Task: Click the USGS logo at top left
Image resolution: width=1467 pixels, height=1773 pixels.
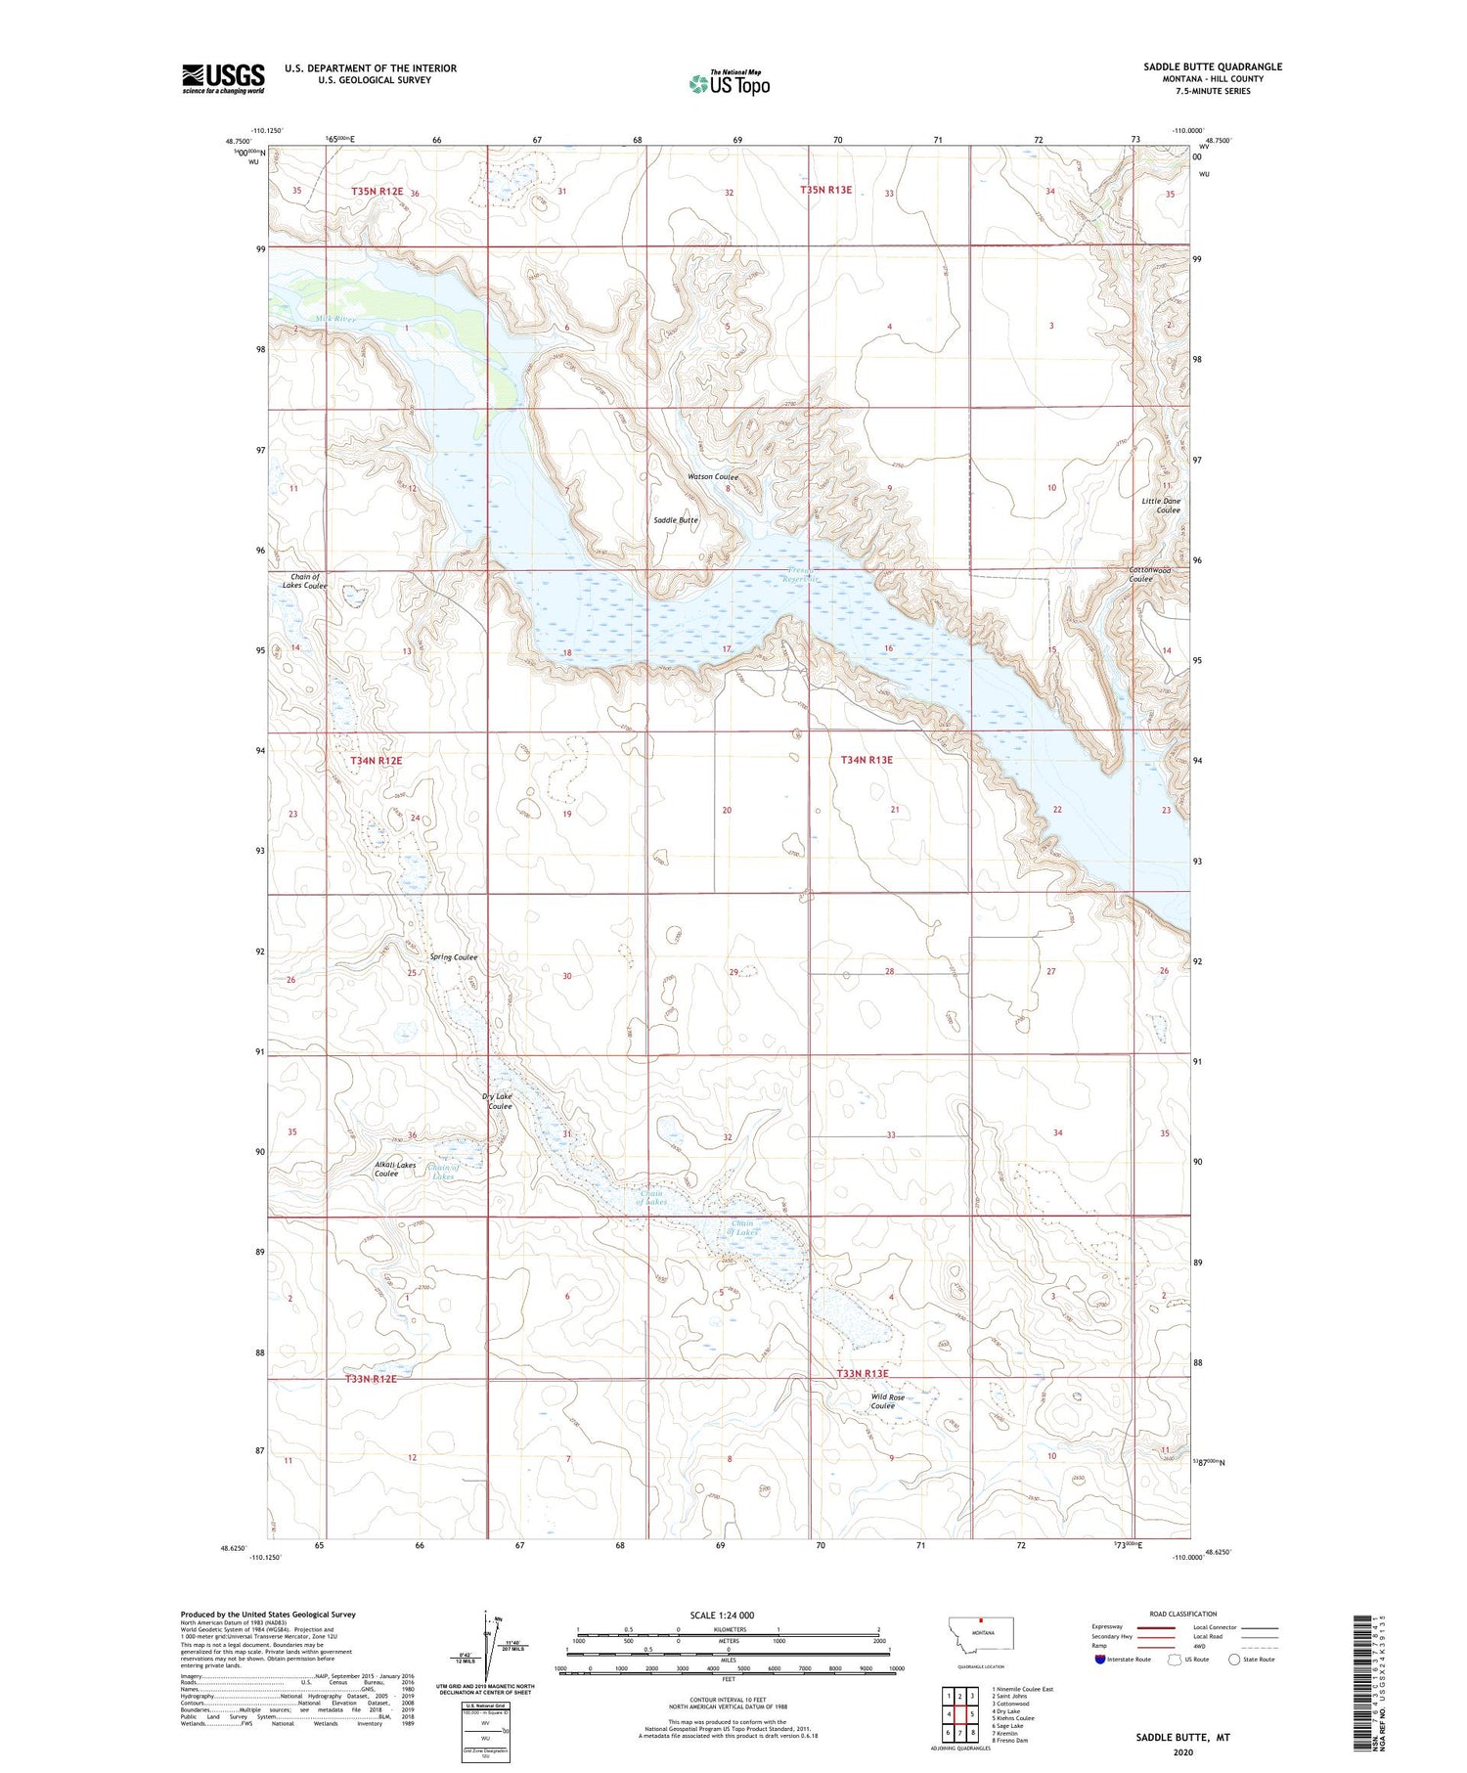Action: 223,78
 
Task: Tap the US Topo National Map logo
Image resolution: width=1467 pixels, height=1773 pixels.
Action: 729,84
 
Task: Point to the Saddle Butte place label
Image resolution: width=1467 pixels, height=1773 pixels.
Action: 675,520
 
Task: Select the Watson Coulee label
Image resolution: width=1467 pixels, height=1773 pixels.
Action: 712,477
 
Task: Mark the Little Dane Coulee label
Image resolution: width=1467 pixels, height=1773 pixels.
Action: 1161,506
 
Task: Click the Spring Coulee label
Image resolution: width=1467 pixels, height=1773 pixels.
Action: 454,957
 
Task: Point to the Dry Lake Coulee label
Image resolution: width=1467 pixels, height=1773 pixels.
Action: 497,1101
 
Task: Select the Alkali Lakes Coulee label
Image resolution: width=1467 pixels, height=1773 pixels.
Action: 395,1169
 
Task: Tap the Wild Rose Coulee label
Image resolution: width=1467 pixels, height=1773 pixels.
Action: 888,1401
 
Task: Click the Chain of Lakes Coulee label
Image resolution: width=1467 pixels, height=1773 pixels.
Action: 304,581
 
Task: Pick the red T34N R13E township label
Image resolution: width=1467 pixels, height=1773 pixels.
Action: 867,760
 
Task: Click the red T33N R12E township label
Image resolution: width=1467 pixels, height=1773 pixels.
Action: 371,1378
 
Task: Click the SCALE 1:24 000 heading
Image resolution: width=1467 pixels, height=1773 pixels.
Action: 722,1615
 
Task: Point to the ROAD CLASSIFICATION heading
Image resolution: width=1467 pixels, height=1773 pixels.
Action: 1182,1614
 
